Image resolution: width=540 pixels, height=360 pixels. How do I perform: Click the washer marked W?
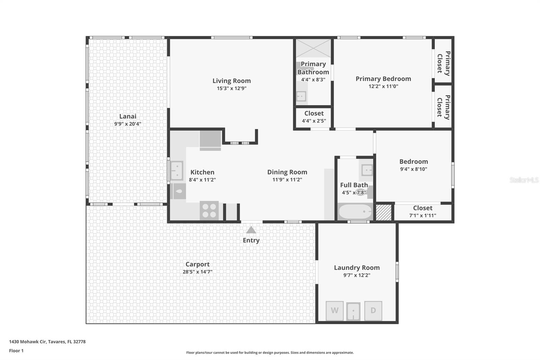[334, 311]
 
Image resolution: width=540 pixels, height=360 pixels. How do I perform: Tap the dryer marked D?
[373, 311]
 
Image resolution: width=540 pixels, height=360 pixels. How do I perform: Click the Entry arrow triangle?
[251, 230]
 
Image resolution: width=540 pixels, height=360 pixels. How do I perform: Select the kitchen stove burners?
[209, 210]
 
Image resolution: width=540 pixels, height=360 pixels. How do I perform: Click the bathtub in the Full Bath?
[355, 212]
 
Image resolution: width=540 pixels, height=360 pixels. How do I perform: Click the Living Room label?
[232, 81]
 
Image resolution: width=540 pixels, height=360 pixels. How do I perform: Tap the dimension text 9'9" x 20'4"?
[128, 124]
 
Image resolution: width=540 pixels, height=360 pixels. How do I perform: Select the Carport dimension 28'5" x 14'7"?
[197, 272]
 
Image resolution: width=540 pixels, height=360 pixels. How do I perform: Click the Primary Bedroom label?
[383, 79]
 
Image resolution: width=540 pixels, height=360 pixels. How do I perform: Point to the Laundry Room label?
[357, 267]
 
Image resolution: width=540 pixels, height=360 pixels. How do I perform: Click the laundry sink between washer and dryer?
[353, 311]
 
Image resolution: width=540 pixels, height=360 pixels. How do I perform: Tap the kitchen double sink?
[177, 171]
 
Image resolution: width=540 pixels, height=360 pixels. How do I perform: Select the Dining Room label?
[287, 172]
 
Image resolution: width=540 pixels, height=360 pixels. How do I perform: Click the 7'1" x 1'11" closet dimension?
[423, 215]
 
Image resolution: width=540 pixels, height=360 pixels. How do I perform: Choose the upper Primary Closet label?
[443, 63]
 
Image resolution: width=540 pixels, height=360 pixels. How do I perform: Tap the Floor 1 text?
[16, 351]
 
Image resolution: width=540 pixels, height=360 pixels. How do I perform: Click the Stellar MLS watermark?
[524, 180]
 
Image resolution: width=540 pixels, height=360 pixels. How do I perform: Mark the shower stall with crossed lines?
[313, 48]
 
